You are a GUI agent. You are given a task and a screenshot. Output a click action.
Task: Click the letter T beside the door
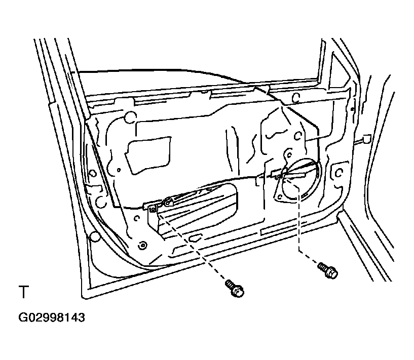click(24, 292)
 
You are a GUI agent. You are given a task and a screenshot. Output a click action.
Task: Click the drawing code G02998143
click(52, 317)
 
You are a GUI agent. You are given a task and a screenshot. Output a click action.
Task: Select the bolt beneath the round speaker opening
click(328, 270)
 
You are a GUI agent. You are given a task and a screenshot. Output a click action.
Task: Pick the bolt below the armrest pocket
click(235, 289)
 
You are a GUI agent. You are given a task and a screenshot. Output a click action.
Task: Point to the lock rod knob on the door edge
click(366, 139)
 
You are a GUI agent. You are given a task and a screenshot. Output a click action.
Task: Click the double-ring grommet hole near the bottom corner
click(142, 246)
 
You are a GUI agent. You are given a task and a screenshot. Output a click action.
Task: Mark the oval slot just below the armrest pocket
click(195, 237)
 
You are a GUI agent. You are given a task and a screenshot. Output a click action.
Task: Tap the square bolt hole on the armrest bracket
click(153, 210)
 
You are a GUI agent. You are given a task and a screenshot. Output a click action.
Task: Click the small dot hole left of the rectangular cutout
click(119, 170)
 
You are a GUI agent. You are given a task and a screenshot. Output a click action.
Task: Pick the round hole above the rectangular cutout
click(130, 117)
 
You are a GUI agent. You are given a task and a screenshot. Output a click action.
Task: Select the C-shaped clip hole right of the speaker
click(338, 173)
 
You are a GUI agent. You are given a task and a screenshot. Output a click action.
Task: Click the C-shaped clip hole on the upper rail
click(296, 98)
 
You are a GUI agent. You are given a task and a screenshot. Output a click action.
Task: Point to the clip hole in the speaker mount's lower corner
click(280, 196)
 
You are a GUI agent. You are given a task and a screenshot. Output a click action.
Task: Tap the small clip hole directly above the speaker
click(289, 154)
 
